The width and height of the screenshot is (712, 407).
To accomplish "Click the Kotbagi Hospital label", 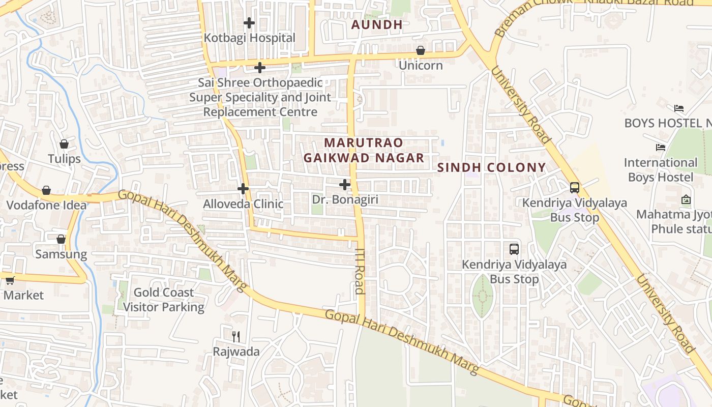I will coord(249,38).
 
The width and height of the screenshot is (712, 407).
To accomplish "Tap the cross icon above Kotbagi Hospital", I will coord(249,22).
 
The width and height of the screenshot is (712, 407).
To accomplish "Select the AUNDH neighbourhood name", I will coord(377,24).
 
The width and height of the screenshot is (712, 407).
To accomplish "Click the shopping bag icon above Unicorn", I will coord(421,50).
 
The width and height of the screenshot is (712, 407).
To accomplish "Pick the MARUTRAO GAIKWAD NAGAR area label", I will coord(364,150).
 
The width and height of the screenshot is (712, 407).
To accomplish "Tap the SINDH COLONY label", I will coord(491,167).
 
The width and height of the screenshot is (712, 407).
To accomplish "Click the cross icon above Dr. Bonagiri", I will coord(345,185).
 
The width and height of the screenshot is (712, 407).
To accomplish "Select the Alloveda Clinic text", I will coord(243,204).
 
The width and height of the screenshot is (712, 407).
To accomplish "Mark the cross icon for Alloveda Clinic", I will coord(243,189).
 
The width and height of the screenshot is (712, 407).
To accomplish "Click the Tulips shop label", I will coord(64,159).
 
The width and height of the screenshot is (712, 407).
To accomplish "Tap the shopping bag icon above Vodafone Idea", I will coord(46,190).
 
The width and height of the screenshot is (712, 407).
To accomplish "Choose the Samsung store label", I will coord(61,254).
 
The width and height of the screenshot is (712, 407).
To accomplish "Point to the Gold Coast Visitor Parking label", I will coord(164,300).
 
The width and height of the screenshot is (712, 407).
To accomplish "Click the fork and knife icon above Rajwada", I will coord(236,336).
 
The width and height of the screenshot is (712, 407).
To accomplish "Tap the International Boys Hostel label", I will coord(661,170).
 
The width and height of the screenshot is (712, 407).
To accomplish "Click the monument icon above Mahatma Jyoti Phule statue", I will coord(686,199).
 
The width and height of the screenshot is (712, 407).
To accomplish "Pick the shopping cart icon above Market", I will coord(10,280).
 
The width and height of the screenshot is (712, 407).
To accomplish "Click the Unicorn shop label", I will coord(421,65).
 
